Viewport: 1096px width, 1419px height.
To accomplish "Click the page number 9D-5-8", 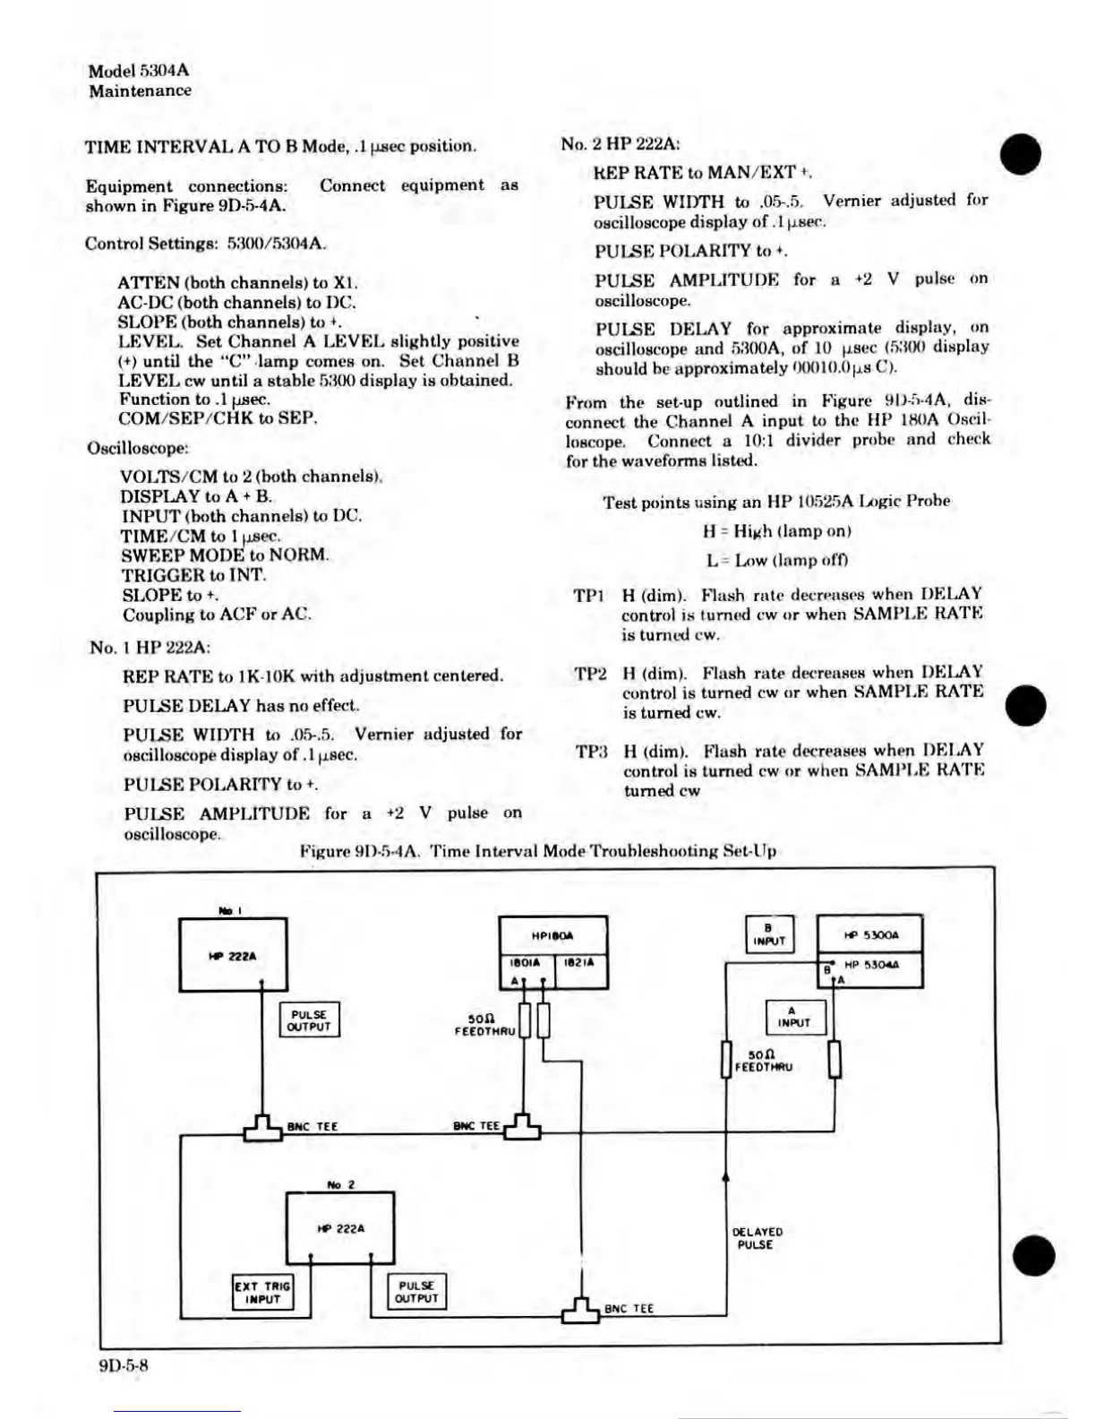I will [124, 1365].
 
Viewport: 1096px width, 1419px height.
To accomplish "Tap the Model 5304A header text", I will [139, 71].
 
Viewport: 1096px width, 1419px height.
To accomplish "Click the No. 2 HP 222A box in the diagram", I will [340, 1227].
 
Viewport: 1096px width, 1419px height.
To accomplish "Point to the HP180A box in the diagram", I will [552, 935].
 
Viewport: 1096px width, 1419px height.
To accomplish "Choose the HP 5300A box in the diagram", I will [870, 935].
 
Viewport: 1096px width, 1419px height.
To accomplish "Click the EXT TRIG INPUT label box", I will [262, 1292].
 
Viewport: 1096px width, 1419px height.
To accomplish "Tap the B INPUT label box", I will [768, 934].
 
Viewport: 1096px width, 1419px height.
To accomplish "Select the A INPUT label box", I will [794, 1017].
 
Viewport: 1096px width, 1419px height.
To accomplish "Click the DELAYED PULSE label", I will [757, 1238].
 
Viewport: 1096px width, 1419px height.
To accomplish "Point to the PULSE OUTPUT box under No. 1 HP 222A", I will [310, 1020].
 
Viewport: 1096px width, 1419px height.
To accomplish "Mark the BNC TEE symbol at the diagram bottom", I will [580, 1311].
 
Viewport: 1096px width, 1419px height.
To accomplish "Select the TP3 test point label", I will [591, 752].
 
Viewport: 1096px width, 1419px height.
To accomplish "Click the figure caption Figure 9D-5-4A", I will [537, 851].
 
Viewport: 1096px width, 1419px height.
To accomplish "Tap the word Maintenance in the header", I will [140, 90].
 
